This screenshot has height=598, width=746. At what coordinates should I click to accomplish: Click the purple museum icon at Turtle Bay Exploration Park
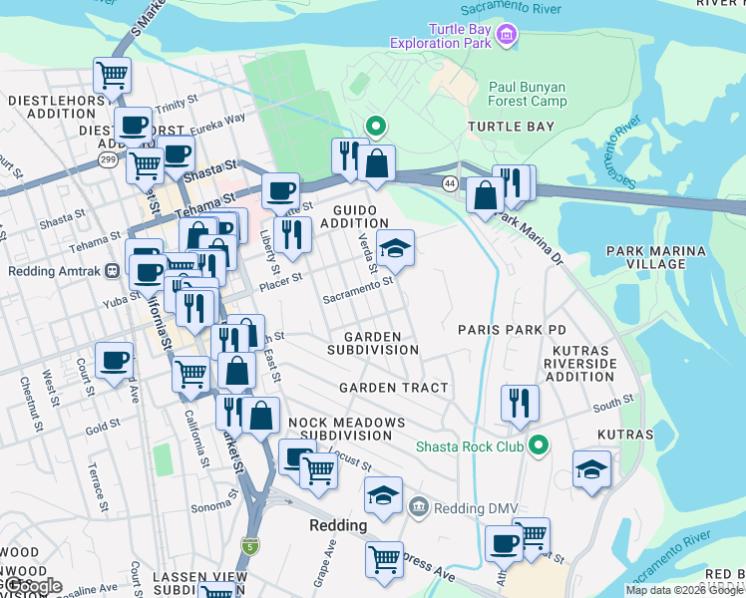point(507,36)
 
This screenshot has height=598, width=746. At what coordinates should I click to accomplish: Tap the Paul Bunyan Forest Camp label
point(528,94)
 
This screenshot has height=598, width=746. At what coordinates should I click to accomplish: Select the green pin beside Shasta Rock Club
point(540,447)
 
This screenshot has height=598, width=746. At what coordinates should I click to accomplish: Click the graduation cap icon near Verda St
point(395,249)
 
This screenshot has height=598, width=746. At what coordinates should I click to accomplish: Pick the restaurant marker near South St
point(520,404)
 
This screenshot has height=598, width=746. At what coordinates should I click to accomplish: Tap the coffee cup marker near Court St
point(114,361)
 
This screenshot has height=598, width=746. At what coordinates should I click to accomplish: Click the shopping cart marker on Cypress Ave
point(384,560)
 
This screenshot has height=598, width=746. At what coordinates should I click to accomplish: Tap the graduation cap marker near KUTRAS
point(591,469)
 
